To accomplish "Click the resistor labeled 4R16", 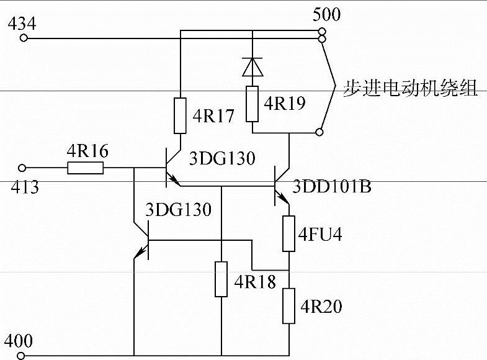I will pos(86,168).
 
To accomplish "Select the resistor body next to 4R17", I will pos(179,116).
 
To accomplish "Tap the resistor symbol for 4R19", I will pos(252,104).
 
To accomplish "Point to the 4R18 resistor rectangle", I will pos(221,279).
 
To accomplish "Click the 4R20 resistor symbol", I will pos(289,305).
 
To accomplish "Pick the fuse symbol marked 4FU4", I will pos(289,233).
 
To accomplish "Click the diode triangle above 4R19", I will pos(252,66).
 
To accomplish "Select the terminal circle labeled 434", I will pos(24,38).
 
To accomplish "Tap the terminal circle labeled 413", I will pos(24,168).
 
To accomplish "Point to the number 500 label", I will pos(327,14).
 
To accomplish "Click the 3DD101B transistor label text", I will pos(332,186).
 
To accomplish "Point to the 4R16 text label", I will pos(87,151).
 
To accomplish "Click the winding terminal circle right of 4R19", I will pos(319,131).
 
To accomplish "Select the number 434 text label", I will pos(22,24).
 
